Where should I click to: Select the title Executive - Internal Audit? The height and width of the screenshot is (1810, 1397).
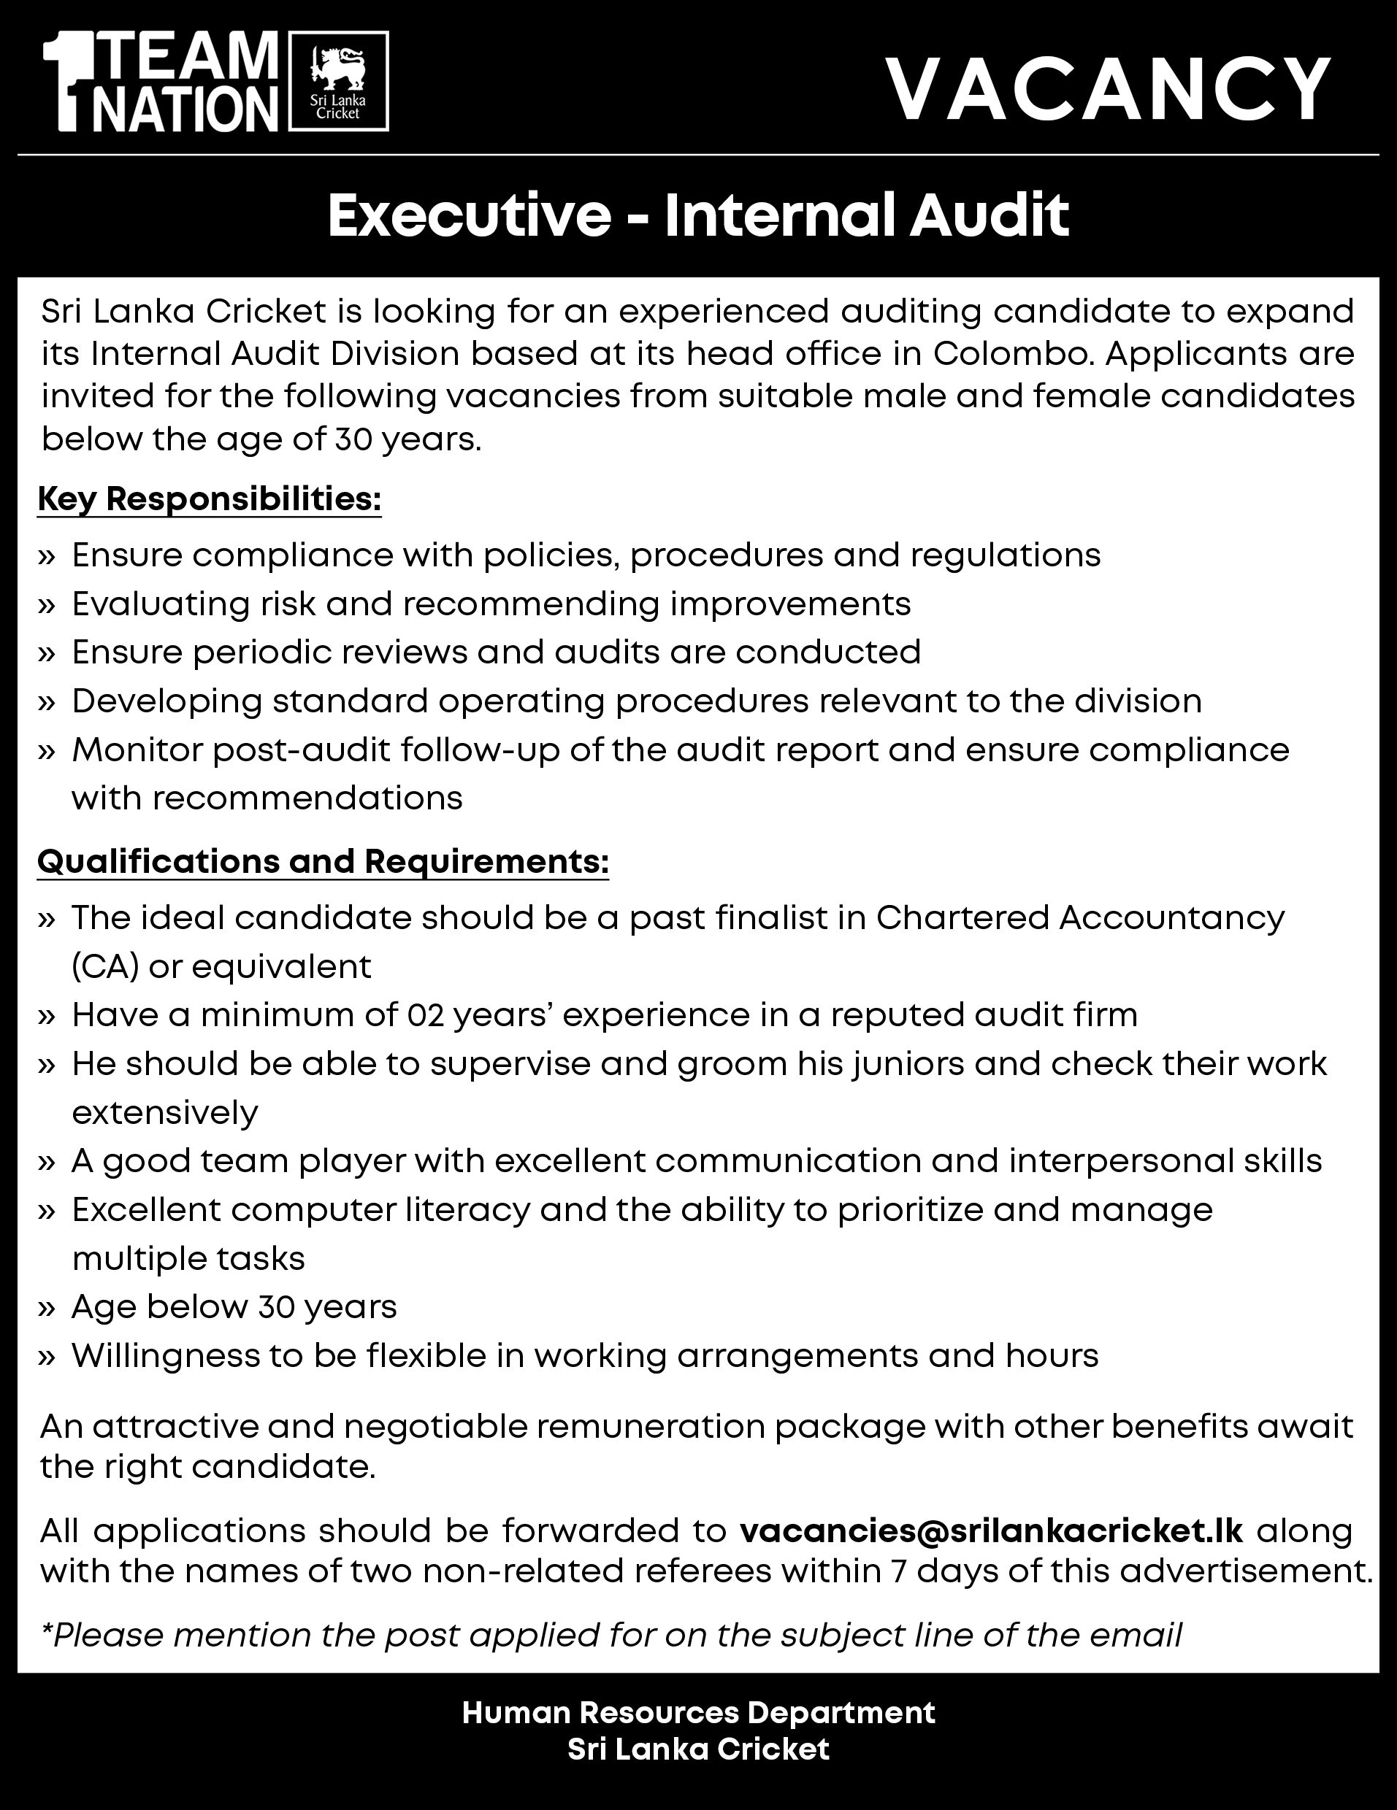click(698, 215)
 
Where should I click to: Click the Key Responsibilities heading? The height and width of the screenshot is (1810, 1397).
click(209, 500)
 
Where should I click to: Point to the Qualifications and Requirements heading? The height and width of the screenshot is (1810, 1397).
click(324, 862)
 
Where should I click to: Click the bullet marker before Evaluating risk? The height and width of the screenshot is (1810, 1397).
click(47, 605)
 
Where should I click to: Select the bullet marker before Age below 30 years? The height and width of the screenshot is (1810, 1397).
click(47, 1308)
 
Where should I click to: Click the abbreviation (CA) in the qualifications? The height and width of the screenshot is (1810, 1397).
click(104, 967)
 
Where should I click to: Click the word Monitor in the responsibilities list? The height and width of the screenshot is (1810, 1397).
click(137, 750)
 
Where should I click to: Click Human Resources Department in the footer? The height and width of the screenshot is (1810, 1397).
click(698, 1713)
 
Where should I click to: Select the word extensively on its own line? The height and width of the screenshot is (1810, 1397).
click(165, 1112)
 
